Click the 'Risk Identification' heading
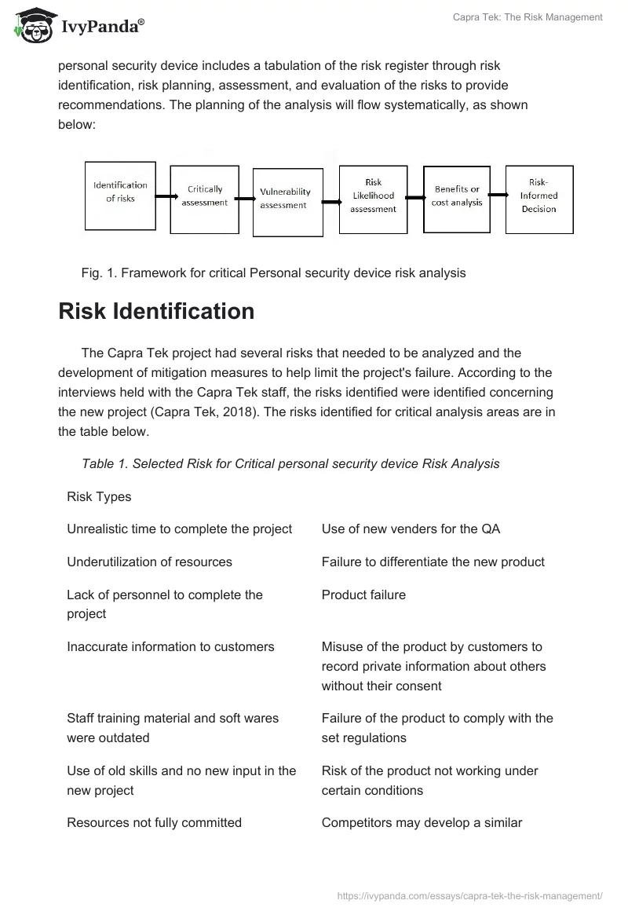156,312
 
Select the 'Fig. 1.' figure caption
273,273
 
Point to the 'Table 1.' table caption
290,463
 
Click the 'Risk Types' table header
99,496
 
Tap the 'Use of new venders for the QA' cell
411,529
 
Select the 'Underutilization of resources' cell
149,562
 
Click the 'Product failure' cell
363,595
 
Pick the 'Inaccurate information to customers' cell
170,646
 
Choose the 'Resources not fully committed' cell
154,822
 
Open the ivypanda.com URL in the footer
469,895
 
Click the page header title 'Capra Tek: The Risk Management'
528,17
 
